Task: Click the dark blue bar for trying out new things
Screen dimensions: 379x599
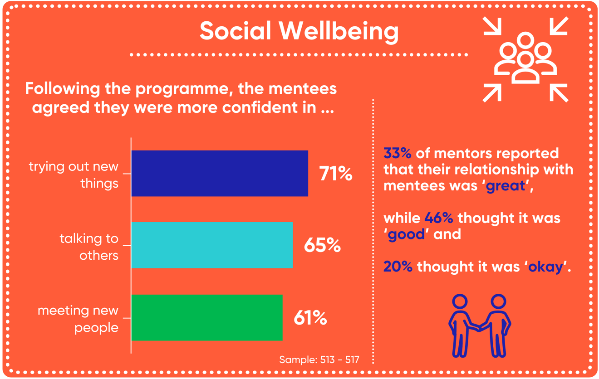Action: (220, 173)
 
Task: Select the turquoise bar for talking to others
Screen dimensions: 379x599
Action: (212, 245)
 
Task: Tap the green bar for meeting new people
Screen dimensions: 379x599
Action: (207, 317)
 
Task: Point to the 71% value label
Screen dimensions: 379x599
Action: (335, 174)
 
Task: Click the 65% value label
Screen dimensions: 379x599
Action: (322, 245)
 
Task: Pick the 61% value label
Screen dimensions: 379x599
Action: (310, 318)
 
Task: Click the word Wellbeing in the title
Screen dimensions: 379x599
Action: (339, 31)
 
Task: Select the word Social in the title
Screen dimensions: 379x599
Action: (235, 31)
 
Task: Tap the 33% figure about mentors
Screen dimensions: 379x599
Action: (397, 153)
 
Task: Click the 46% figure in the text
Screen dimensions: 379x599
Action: (439, 218)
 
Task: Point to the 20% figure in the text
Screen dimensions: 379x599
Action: (398, 267)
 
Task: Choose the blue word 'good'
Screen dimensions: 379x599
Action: (406, 234)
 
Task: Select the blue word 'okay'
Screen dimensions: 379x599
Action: (545, 267)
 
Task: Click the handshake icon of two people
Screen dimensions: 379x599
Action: (479, 326)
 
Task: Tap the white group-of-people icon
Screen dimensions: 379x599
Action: (525, 59)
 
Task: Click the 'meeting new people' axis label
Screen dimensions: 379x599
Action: (78, 319)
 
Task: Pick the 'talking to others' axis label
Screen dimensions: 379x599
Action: (89, 247)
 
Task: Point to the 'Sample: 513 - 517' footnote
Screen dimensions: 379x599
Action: (319, 360)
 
